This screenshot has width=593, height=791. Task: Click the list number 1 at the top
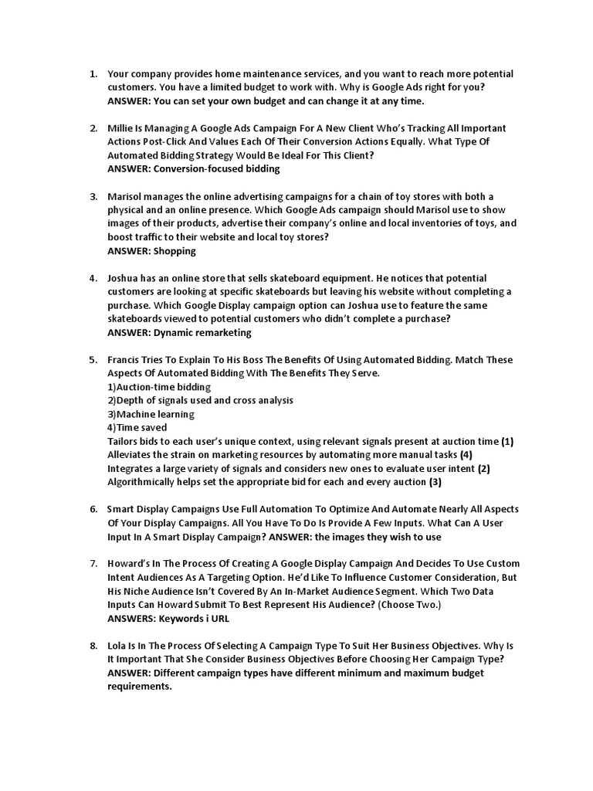93,74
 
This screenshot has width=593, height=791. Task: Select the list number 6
93,510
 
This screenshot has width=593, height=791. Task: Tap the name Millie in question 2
122,128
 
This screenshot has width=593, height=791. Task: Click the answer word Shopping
175,251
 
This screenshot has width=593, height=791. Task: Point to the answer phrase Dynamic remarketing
202,333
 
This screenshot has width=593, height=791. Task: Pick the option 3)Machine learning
151,414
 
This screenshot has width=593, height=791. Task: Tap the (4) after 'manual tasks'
466,455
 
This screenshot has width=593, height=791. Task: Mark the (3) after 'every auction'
435,482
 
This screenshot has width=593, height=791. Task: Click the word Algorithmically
144,482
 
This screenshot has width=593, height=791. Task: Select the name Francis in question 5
124,360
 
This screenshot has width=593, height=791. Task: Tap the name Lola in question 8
118,646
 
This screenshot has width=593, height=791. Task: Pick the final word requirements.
139,687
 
